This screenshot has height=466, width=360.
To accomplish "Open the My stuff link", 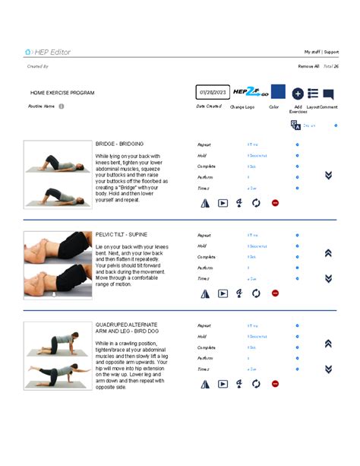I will [x=312, y=52].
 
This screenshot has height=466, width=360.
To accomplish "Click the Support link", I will [x=330, y=52].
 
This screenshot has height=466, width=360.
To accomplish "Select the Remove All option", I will [x=308, y=67].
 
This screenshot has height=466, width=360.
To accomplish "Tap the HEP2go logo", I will [x=247, y=92].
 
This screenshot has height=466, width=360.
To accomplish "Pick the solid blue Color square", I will [x=278, y=92].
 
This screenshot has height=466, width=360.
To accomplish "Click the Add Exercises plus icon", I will [x=298, y=94].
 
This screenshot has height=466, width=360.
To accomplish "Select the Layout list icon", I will [x=313, y=93].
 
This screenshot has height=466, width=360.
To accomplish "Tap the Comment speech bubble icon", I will [x=328, y=94].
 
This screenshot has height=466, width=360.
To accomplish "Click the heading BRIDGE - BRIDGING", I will [x=119, y=144].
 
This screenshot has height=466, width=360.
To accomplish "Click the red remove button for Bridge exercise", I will [x=275, y=203].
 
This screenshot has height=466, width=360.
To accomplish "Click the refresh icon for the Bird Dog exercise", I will [x=256, y=385].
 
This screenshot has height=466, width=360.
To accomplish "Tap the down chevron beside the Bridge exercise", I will [x=328, y=175].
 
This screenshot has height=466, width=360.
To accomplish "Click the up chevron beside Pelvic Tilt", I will [x=328, y=253].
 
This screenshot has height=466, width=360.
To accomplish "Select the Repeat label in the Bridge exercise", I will [x=204, y=144].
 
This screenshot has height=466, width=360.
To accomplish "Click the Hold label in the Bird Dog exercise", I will [x=202, y=337].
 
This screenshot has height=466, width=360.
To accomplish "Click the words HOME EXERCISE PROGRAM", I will [x=62, y=93].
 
